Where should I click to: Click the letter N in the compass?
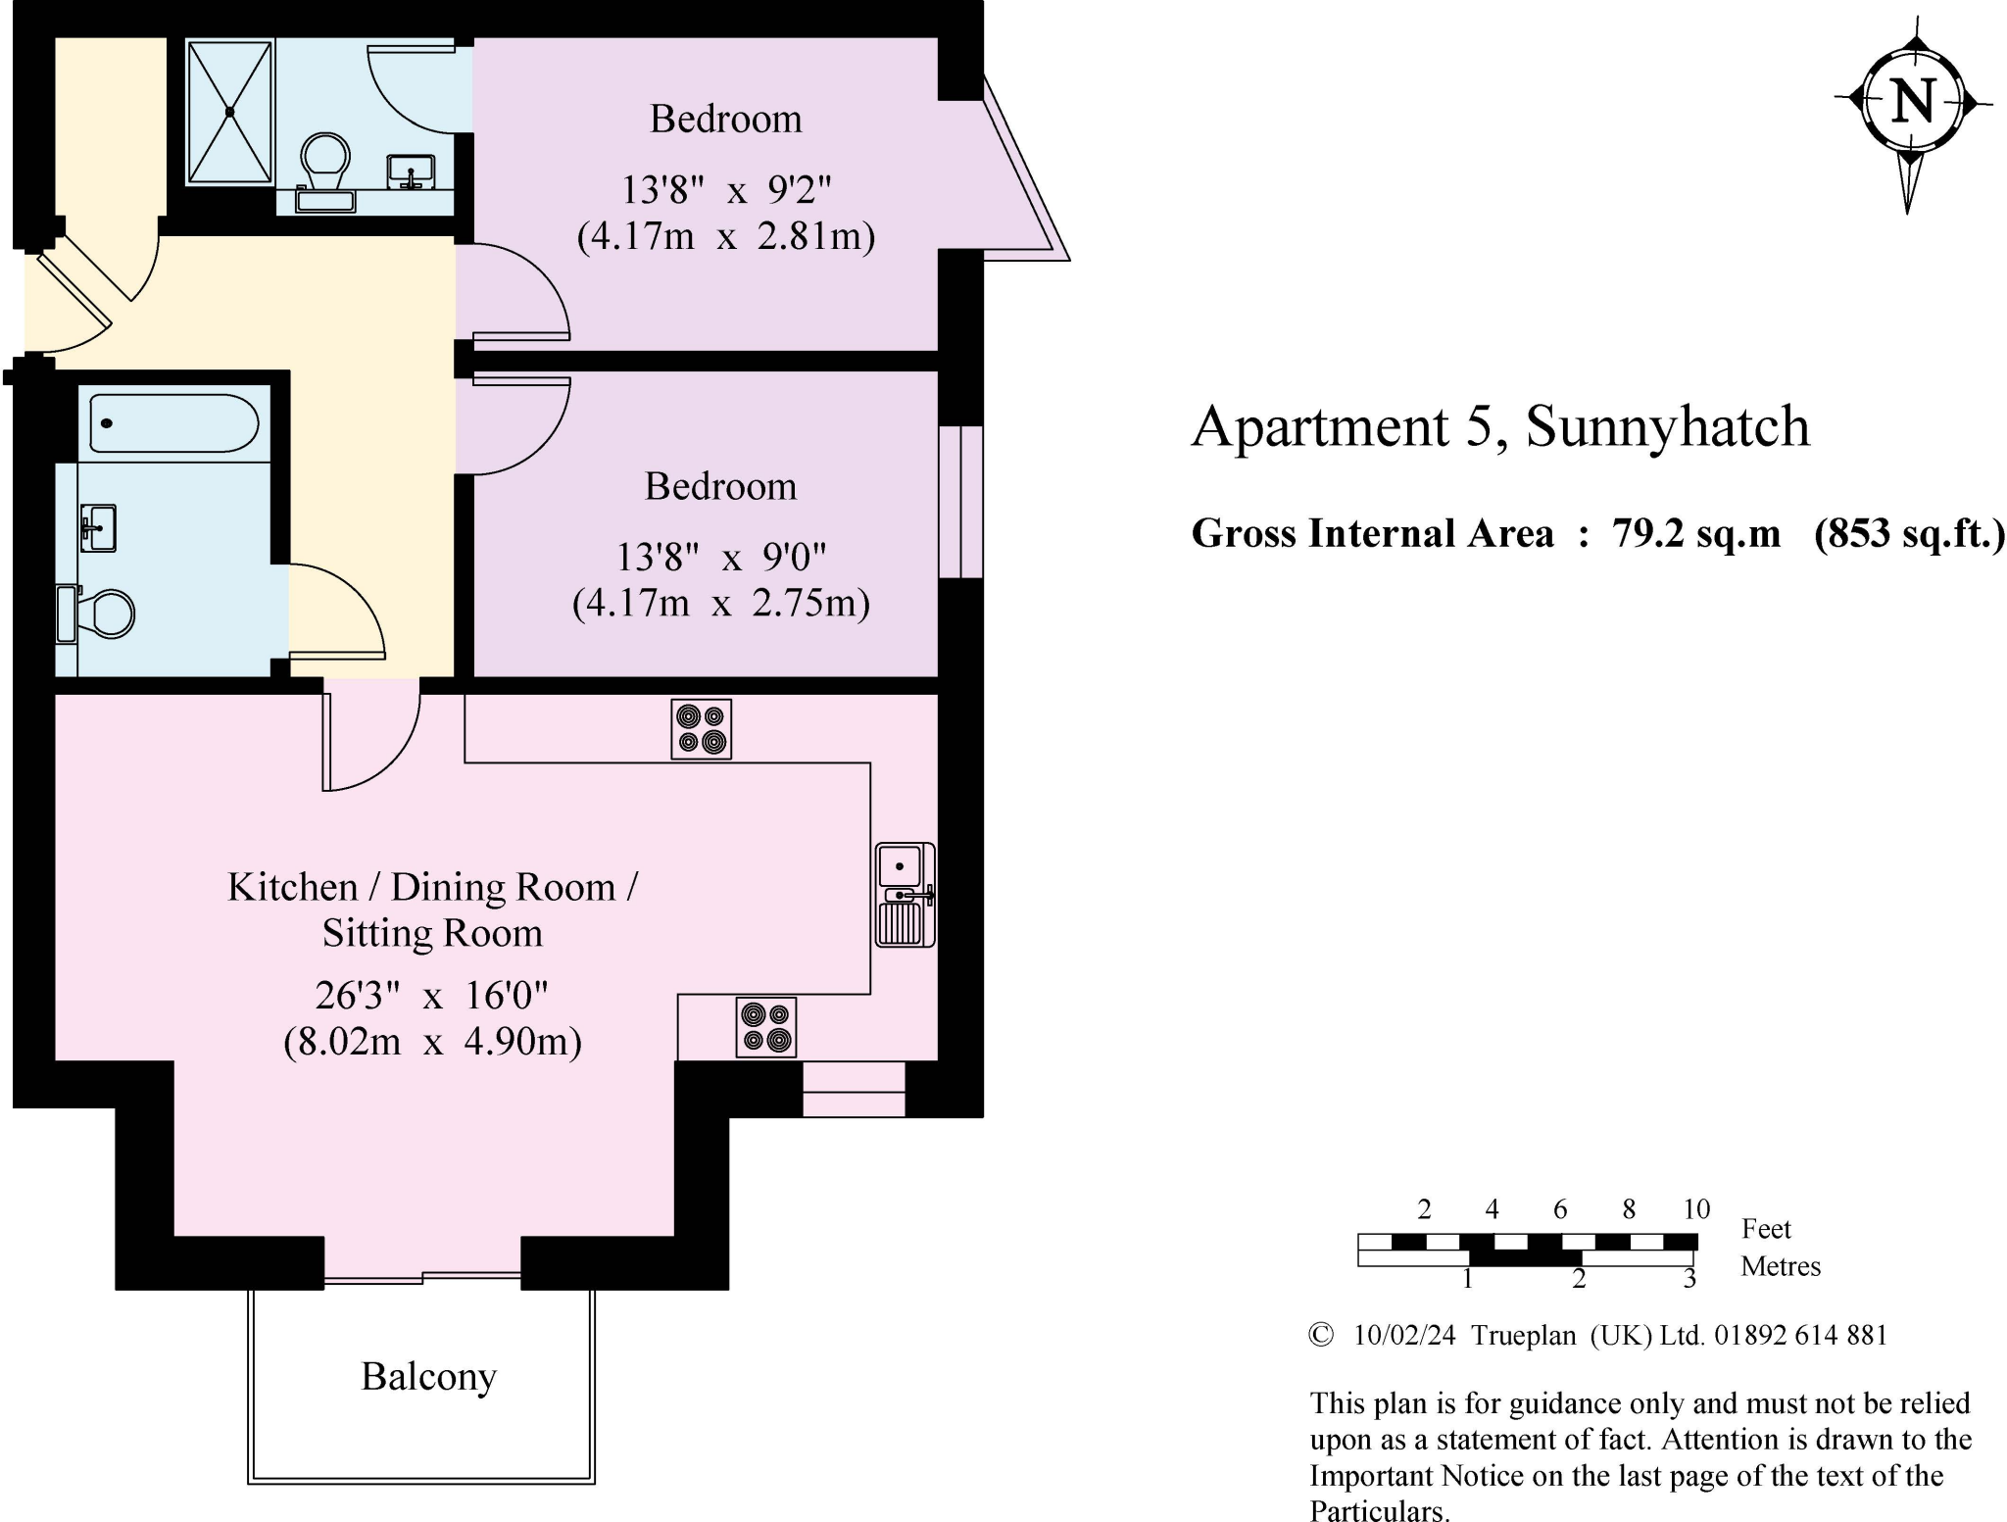[x=1913, y=101]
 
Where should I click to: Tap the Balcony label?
[x=428, y=1377]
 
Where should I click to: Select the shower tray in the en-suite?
[x=230, y=112]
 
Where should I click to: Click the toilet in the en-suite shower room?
[x=325, y=170]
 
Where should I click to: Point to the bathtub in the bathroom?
[x=173, y=423]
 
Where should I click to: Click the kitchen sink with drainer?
[x=905, y=894]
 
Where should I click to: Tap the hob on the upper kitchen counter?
[x=701, y=729]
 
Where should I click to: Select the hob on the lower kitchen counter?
[x=765, y=1027]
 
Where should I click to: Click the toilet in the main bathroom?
[x=96, y=614]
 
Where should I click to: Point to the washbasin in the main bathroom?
[x=98, y=528]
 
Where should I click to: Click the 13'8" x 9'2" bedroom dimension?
[x=726, y=189]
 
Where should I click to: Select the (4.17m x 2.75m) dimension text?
[x=721, y=603]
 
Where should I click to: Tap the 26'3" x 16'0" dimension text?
[x=431, y=996]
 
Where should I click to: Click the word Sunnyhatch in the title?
[x=1667, y=427]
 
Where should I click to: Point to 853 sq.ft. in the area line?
[x=1910, y=534]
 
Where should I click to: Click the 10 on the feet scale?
[x=1696, y=1209]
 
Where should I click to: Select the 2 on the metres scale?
[x=1579, y=1279]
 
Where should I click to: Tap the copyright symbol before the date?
[x=1321, y=1335]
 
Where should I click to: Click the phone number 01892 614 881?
[x=1800, y=1335]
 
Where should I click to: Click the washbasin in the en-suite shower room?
[x=412, y=172]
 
